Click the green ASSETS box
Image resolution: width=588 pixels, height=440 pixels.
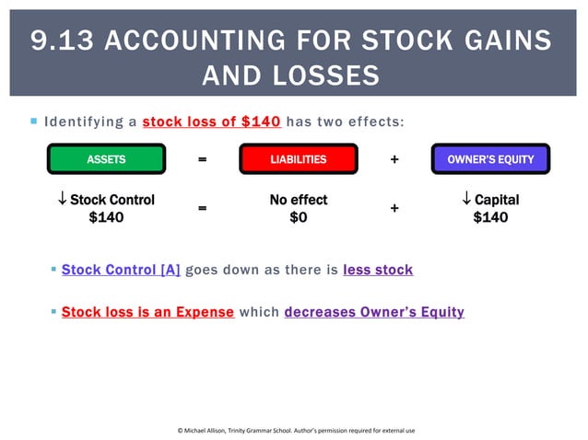[x=106, y=159]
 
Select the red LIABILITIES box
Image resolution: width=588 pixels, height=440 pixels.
[x=298, y=159]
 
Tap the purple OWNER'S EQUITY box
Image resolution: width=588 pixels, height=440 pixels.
[x=490, y=159]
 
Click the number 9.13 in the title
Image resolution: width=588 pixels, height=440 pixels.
[x=62, y=41]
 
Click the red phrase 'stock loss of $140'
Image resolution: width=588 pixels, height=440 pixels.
[x=212, y=122]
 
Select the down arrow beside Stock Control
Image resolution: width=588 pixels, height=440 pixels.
[x=62, y=200]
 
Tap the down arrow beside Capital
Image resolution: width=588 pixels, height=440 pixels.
[x=466, y=200]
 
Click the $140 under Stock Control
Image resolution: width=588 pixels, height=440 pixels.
[x=106, y=218]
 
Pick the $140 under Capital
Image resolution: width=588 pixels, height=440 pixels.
[x=490, y=218]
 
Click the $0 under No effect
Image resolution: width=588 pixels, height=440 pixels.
[x=298, y=218]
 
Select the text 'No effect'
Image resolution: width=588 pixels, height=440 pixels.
[x=298, y=200]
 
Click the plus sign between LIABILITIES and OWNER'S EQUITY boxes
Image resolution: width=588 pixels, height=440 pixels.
[x=394, y=159]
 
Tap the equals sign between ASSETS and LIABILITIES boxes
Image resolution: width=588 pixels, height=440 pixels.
[x=202, y=159]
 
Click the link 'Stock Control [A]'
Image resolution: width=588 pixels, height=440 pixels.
[x=121, y=270]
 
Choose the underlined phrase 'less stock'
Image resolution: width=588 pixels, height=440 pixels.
[x=378, y=270]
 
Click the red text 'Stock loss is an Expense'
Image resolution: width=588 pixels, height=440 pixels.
[x=147, y=312]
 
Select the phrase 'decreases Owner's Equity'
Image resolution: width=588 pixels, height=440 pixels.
[x=374, y=312]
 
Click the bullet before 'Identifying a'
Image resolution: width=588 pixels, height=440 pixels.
[x=33, y=121]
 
